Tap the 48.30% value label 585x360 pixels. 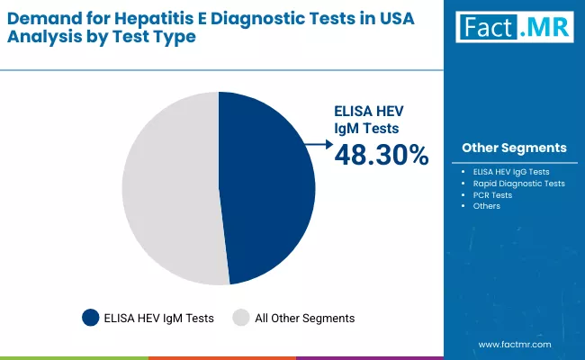[382, 156]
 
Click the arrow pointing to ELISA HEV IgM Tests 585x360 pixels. [318, 143]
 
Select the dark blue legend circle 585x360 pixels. [90, 318]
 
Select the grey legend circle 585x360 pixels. [240, 318]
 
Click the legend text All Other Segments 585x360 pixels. [306, 318]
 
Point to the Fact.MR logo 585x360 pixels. [513, 29]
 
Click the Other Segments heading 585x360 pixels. [514, 148]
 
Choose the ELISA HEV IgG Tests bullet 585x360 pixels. [511, 171]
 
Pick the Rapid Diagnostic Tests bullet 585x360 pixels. [518, 183]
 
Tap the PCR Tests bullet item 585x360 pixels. [492, 194]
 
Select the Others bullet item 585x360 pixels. [486, 206]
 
